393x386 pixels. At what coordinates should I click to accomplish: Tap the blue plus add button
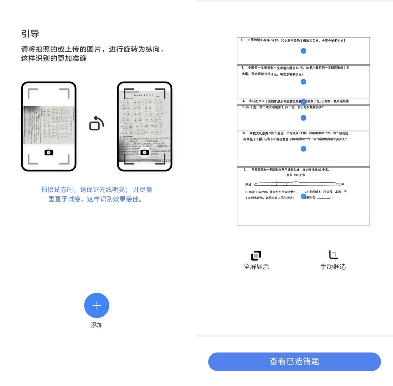(97, 305)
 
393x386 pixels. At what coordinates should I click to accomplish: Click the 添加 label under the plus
(97, 325)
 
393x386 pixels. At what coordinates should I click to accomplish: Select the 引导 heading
(30, 34)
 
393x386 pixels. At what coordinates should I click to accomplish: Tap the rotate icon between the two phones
(97, 123)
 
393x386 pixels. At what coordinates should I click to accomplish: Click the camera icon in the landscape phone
(49, 153)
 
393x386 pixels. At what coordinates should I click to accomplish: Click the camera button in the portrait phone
(144, 152)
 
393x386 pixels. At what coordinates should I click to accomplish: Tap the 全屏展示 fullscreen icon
(256, 255)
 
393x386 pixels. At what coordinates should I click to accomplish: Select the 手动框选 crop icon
(333, 255)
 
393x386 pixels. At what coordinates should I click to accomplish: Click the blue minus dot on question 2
(304, 51)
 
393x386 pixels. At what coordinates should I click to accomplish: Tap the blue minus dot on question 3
(304, 82)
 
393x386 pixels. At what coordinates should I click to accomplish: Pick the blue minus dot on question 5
(304, 149)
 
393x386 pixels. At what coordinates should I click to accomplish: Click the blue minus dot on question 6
(304, 196)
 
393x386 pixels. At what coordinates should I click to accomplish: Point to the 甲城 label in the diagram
(248, 184)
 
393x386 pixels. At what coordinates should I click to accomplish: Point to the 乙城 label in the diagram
(341, 184)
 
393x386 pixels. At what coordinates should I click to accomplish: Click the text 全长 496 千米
(296, 175)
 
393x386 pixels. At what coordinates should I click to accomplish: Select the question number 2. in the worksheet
(242, 40)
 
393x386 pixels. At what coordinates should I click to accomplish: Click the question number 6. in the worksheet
(245, 170)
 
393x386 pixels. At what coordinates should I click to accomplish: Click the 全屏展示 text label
(256, 267)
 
